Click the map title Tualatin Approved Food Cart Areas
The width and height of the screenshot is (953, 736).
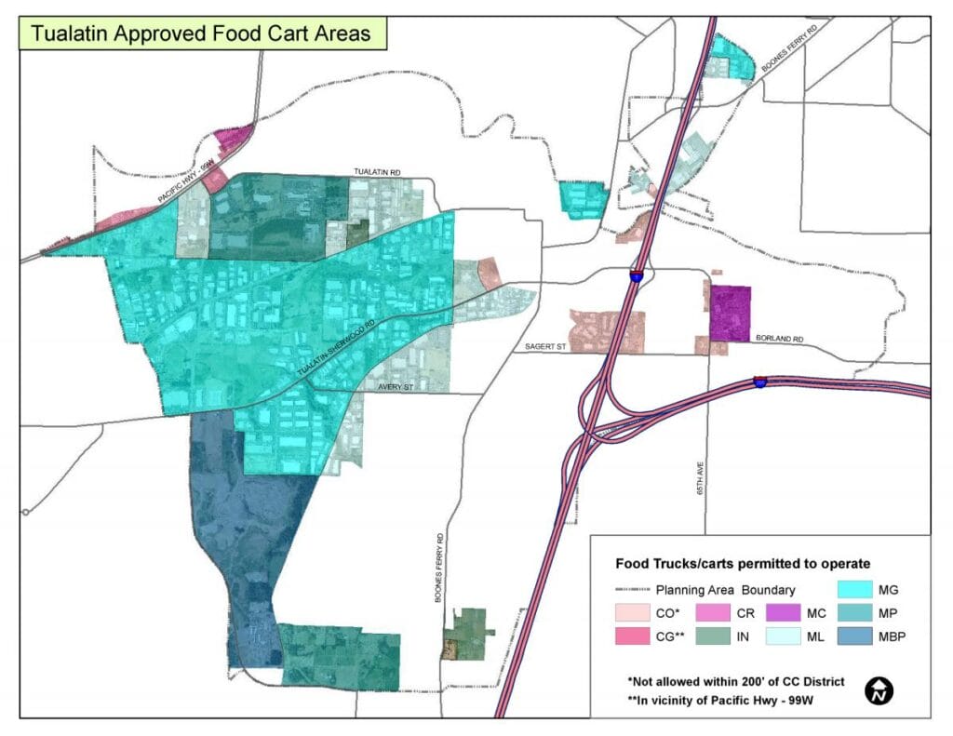tap(200, 33)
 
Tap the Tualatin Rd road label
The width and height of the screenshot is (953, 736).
tap(377, 173)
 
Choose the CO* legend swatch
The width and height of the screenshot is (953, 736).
tap(632, 613)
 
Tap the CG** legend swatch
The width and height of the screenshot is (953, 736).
tap(632, 636)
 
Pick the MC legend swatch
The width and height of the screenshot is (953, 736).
tap(783, 613)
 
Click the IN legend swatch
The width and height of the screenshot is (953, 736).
tap(707, 636)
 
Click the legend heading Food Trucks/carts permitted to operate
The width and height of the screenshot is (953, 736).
tap(743, 564)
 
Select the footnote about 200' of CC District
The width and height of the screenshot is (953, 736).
tap(736, 682)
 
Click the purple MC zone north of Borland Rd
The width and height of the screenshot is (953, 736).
tap(730, 313)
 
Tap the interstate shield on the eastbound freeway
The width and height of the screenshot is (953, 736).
tap(760, 381)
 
